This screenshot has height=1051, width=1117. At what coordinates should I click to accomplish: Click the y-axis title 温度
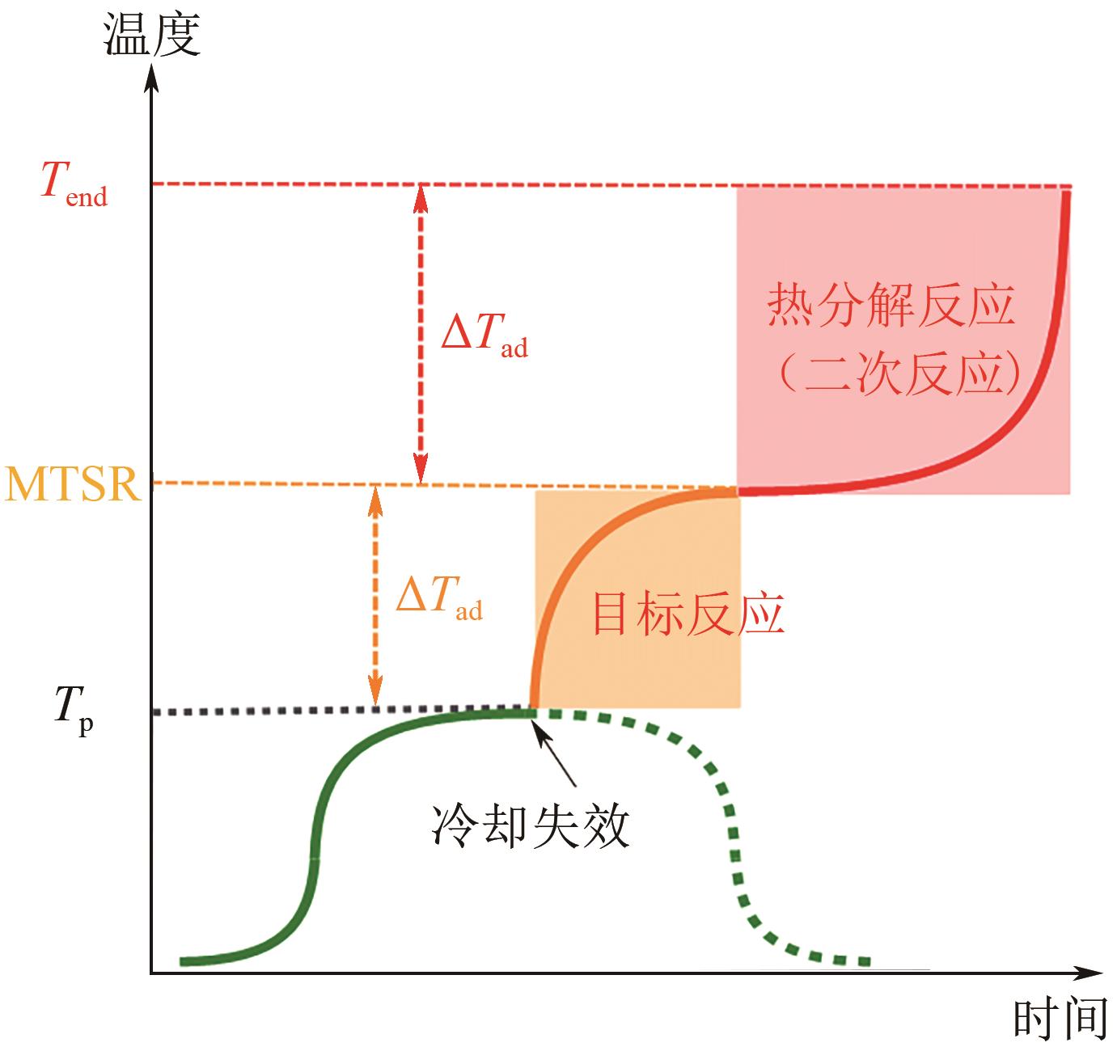coord(152,36)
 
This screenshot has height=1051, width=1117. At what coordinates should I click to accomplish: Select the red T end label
coord(74,186)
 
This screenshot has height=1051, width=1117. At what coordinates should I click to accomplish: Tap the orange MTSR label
coord(73,484)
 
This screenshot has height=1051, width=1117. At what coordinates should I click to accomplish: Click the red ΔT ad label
coord(484,335)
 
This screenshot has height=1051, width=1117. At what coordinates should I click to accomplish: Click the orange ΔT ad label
coord(438,599)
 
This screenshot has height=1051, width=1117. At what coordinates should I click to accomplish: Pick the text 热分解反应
coord(891,306)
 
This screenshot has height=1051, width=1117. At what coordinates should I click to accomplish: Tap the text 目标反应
coord(688,615)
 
